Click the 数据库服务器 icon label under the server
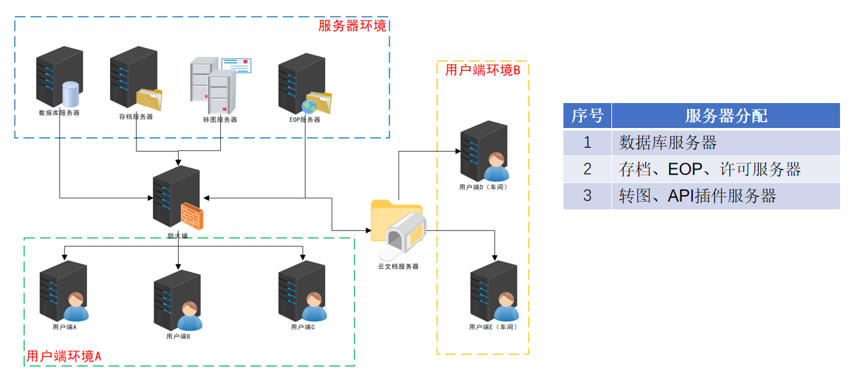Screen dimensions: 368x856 point(59,113)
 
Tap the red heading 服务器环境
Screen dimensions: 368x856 point(352,26)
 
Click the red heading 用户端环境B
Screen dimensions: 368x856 point(483,69)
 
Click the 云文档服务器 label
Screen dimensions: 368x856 point(398,266)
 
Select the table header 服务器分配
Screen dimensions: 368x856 point(725,116)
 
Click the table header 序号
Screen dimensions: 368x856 point(587,116)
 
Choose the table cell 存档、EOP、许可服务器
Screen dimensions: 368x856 point(710,169)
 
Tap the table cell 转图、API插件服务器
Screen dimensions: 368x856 point(697,196)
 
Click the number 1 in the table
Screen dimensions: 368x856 point(587,143)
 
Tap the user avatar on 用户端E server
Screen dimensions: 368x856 point(506,307)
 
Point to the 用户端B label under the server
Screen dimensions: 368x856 point(178,336)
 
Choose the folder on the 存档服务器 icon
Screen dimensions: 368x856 point(150,99)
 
